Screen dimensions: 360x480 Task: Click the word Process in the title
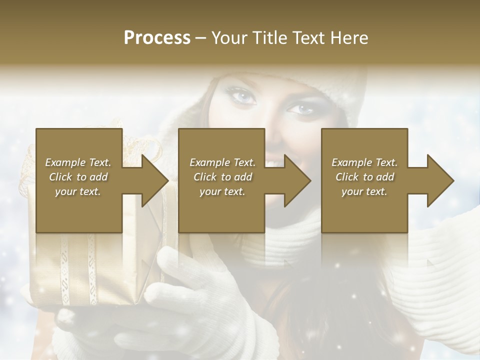click(157, 37)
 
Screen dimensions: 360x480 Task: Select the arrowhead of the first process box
click(155, 180)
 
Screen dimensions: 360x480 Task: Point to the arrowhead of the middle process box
click(297, 180)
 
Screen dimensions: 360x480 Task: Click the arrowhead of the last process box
click(440, 180)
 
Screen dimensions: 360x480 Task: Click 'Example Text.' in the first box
click(78, 162)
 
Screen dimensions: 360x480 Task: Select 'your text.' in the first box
click(78, 191)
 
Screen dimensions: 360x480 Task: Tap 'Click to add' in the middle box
click(222, 177)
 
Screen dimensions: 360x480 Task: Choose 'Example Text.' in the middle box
click(222, 162)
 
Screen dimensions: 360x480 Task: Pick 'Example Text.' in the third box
click(364, 162)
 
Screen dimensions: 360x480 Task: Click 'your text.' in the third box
click(364, 191)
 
